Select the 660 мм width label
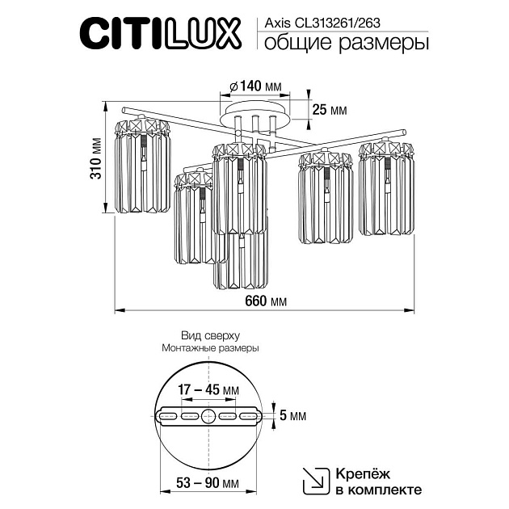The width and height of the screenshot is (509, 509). [x=265, y=301]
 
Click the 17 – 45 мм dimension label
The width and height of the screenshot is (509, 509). [x=209, y=389]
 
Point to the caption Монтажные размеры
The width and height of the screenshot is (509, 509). [x=210, y=348]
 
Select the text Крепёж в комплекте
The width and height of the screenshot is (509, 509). [x=377, y=481]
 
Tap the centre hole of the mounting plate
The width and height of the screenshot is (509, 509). [x=209, y=417]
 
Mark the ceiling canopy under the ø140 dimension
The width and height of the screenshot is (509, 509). [x=256, y=108]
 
